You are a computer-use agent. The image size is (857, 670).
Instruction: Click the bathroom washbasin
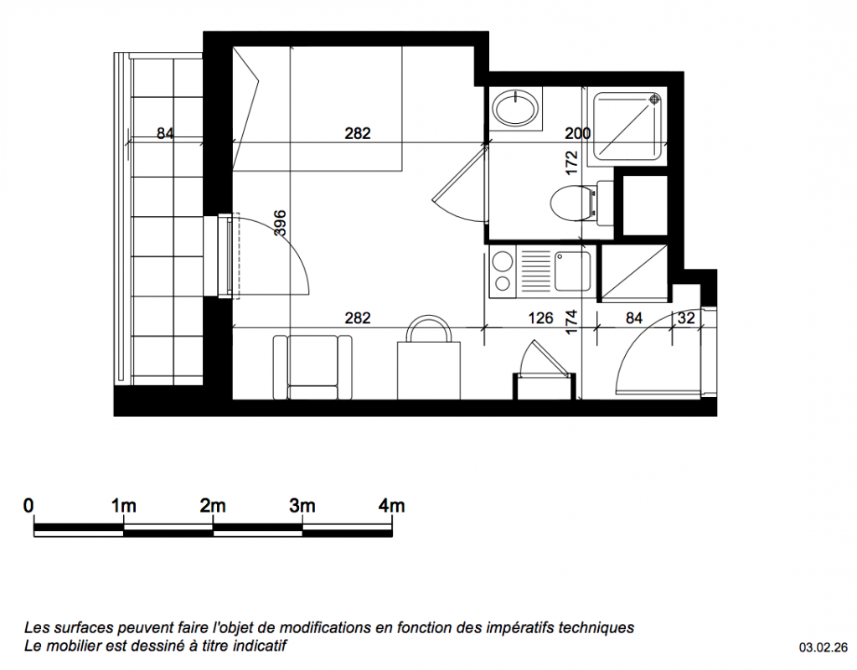pyautogui.click(x=514, y=107)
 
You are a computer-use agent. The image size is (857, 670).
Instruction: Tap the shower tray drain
pyautogui.click(x=654, y=100)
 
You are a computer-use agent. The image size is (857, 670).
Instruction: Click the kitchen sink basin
pyautogui.click(x=572, y=271)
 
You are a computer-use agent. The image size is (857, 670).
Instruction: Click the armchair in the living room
pyautogui.click(x=312, y=367)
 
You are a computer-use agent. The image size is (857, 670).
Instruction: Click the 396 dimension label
pyautogui.click(x=280, y=223)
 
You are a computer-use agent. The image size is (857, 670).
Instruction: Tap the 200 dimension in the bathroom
pyautogui.click(x=578, y=133)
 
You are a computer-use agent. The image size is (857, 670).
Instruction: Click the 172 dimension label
pyautogui.click(x=571, y=162)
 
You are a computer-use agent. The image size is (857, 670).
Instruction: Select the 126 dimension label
pyautogui.click(x=541, y=318)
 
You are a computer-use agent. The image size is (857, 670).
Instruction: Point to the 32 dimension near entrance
pyautogui.click(x=686, y=318)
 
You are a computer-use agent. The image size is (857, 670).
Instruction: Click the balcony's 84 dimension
pyautogui.click(x=165, y=133)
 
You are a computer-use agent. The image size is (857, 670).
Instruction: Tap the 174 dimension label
pyautogui.click(x=571, y=322)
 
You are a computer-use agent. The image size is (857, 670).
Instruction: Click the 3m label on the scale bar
pyautogui.click(x=302, y=506)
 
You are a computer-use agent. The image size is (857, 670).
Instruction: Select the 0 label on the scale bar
pyautogui.click(x=28, y=506)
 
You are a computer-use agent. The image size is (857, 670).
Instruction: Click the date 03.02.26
pyautogui.click(x=823, y=648)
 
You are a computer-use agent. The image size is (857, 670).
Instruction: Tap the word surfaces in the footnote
pyautogui.click(x=84, y=628)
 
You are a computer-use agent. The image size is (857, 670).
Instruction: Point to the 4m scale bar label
pyautogui.click(x=391, y=506)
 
